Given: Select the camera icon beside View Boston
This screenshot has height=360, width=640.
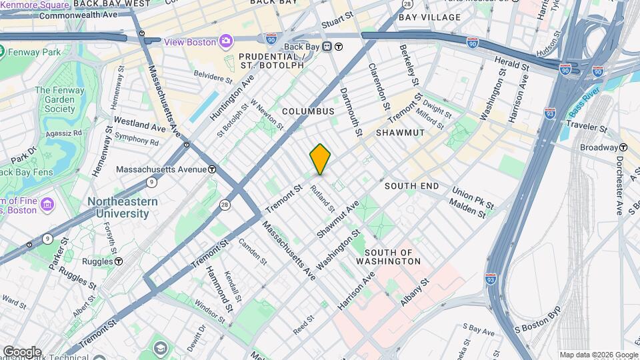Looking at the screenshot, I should pyautogui.click(x=226, y=42).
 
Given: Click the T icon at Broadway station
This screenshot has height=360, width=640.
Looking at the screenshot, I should pyautogui.click(x=623, y=147).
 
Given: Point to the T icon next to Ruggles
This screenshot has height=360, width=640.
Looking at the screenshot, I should pyautogui.click(x=118, y=261).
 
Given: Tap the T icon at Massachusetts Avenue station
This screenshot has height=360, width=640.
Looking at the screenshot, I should pyautogui.click(x=211, y=169).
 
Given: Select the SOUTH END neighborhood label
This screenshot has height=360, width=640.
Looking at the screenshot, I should pyautogui.click(x=411, y=185).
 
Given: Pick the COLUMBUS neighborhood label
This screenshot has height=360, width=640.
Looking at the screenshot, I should pyautogui.click(x=307, y=111).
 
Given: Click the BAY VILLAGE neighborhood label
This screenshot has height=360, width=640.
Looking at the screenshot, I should pyautogui.click(x=429, y=17).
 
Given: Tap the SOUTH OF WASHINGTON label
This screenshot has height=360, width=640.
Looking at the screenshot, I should pyautogui.click(x=393, y=257).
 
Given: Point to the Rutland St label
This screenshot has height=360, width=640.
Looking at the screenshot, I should pyautogui.click(x=322, y=198).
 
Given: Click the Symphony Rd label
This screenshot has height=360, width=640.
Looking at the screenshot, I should pyautogui.click(x=137, y=141).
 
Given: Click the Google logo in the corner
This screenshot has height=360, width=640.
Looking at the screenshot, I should pyautogui.click(x=21, y=351).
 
